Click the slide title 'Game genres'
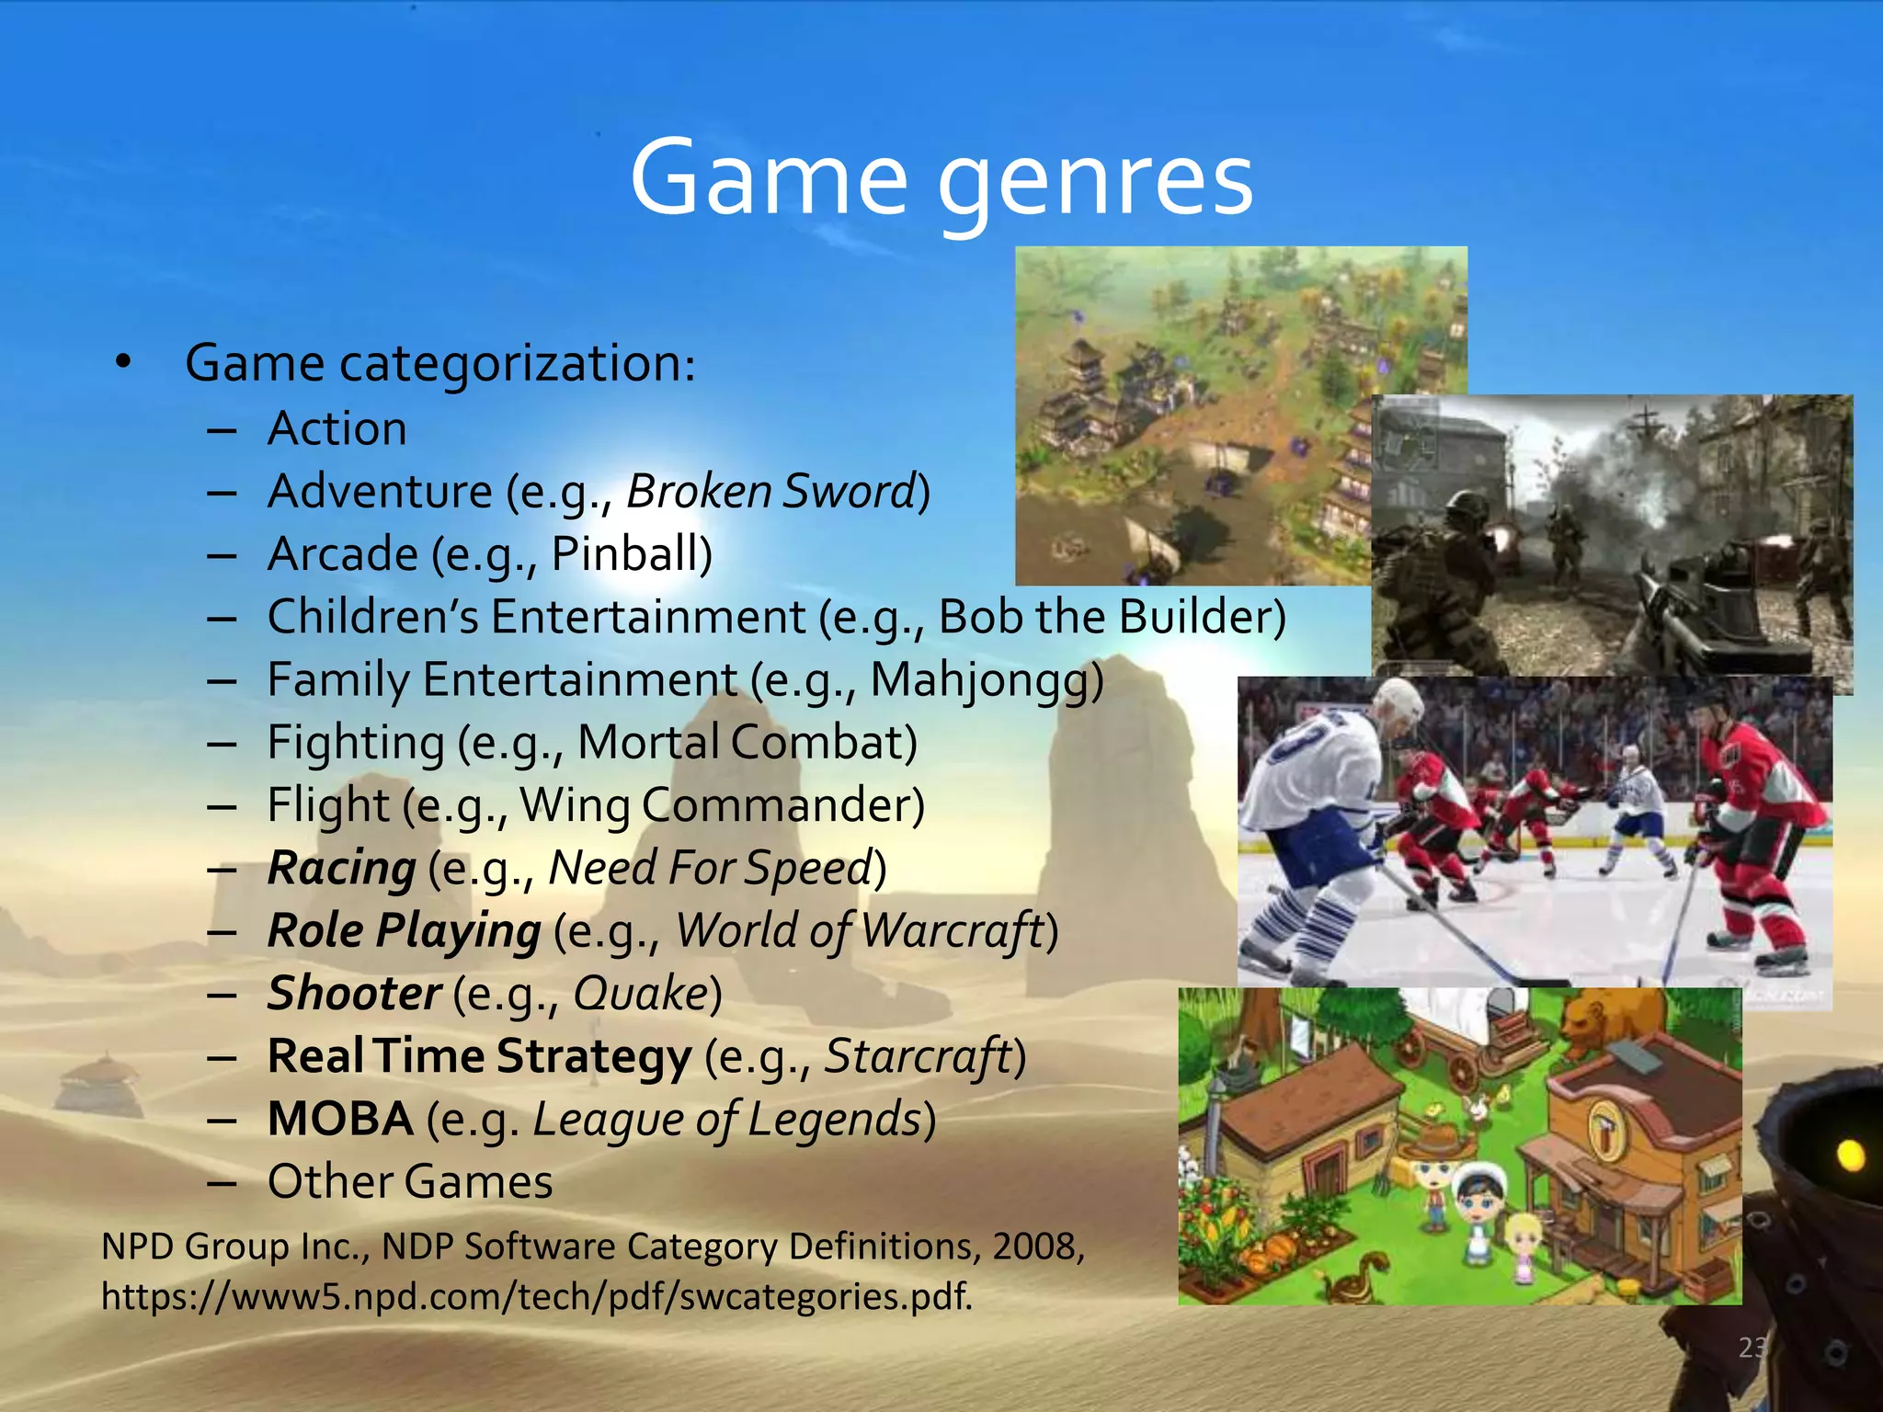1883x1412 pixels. (941, 179)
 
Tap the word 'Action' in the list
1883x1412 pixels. (337, 429)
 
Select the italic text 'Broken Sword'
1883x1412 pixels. (772, 491)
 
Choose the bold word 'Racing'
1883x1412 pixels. (341, 869)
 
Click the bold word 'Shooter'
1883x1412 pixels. (354, 994)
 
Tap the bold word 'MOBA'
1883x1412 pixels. (340, 1120)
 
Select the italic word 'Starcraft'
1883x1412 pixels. (918, 1056)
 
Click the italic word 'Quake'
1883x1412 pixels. (641, 994)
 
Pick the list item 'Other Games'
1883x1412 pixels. (410, 1182)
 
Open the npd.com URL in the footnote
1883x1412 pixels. (536, 1296)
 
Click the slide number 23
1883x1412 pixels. (1752, 1348)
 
